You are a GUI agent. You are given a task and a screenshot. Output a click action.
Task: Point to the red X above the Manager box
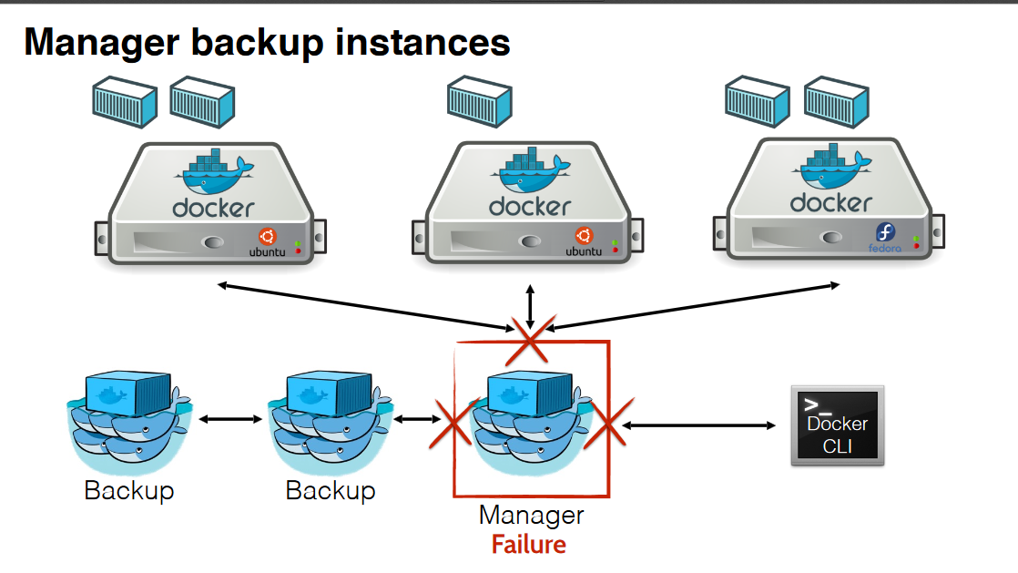(530, 339)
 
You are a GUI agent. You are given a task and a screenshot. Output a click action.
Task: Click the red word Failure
(528, 545)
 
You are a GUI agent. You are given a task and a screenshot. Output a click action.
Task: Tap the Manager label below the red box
(531, 516)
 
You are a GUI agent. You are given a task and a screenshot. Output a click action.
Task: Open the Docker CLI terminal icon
(837, 425)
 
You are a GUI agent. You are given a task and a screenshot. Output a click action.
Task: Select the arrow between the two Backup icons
(231, 420)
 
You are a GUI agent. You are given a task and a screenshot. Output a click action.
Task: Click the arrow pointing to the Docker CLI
(698, 425)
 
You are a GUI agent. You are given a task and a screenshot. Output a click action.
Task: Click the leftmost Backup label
(128, 491)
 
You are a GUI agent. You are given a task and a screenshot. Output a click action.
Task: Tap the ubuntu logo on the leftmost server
(266, 234)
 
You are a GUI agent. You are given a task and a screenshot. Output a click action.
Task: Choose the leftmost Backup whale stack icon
(127, 418)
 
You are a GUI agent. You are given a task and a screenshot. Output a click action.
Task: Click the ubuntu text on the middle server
(584, 251)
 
